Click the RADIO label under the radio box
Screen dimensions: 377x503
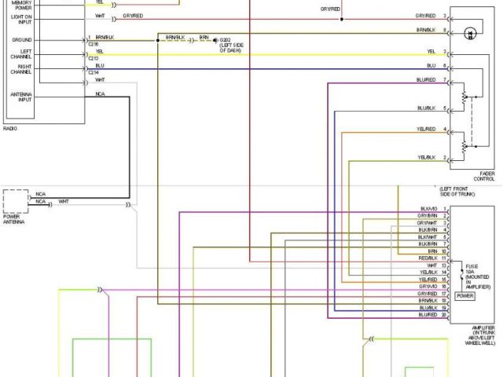(10, 127)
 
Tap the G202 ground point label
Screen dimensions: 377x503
(226, 38)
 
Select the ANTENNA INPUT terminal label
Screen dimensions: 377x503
(21, 97)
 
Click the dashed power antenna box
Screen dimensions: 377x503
(14, 201)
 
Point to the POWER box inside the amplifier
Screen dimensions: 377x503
(464, 296)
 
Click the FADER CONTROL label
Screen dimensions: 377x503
(484, 176)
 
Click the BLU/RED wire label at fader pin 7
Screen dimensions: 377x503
(426, 80)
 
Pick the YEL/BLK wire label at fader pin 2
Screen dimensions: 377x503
(427, 158)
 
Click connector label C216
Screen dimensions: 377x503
(93, 44)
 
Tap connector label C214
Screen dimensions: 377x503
(93, 72)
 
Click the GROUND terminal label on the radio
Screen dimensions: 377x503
(22, 39)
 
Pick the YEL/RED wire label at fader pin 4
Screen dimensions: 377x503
(427, 129)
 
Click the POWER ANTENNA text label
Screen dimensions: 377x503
(13, 220)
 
